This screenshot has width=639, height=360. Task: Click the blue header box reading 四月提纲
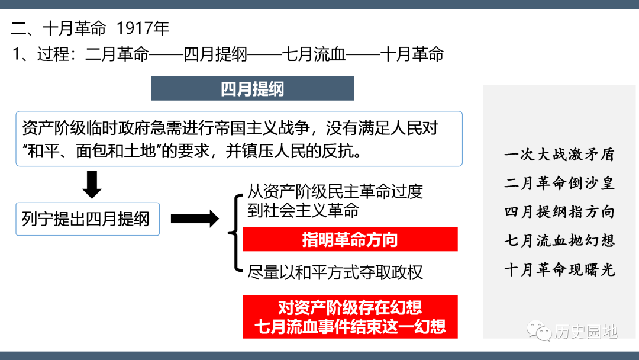coord(252,88)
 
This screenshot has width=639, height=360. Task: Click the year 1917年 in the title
coord(143,28)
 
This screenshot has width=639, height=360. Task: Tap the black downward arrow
coord(92,184)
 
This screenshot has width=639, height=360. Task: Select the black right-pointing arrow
coord(195,219)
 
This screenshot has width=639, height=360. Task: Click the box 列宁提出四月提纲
coord(88,219)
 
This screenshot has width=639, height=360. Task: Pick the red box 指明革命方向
coord(350,239)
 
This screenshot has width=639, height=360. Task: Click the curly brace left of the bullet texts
coord(235,233)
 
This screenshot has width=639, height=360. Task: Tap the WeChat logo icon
coord(539,330)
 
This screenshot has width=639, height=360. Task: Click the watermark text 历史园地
coord(586,332)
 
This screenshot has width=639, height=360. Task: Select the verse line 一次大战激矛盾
coord(559,155)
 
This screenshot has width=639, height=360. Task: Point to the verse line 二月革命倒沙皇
coord(559,183)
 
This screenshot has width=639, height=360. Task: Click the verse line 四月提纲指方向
coord(559,212)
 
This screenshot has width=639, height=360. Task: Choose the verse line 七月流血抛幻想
coord(559,240)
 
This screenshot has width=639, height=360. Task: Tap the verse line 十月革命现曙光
coord(559,269)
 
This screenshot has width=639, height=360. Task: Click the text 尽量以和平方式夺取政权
coord(335,272)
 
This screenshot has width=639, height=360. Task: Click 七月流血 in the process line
coord(314,54)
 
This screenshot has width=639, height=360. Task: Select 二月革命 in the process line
coord(117,54)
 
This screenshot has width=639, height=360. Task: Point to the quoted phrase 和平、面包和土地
coord(92,151)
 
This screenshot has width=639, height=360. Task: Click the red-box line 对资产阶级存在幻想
coord(350,307)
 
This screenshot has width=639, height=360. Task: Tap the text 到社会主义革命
coord(303,210)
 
